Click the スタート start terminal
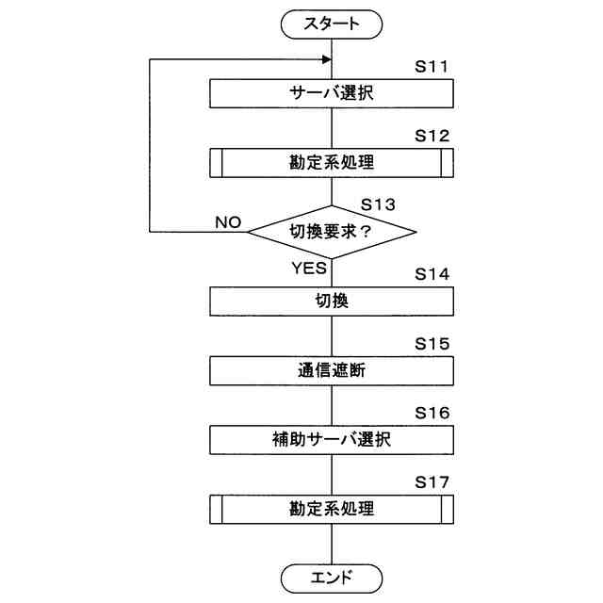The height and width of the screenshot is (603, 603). pos(332,24)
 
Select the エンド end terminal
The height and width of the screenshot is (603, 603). pos(332,578)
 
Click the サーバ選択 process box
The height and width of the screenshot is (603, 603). pos(332,93)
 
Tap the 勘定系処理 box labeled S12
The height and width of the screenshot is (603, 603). pos(332,162)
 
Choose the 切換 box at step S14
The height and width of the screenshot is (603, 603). pos(332,301)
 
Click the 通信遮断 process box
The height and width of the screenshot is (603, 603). pos(332,370)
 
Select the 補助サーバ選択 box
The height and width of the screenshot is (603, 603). pos(332,439)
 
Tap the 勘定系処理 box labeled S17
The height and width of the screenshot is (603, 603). pos(332,509)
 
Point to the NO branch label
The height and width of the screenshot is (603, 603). pos(228,222)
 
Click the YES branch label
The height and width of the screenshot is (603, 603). pos(308,268)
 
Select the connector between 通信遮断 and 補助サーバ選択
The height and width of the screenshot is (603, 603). pos(332,405)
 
